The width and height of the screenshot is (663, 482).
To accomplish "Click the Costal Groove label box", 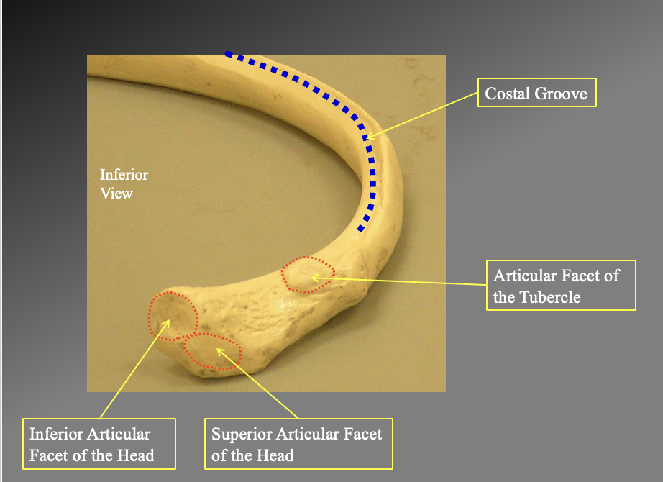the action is click(x=537, y=93).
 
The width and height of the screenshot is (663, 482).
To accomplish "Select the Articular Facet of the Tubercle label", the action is click(x=561, y=286).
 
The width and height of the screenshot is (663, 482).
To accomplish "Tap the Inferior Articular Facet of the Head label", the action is click(x=99, y=445).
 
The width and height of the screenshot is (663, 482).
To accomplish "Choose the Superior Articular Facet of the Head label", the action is click(x=298, y=445).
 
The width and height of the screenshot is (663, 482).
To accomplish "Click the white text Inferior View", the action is click(x=123, y=183).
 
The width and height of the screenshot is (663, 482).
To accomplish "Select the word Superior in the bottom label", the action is click(x=242, y=435).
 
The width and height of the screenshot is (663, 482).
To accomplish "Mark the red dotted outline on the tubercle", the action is click(x=308, y=274).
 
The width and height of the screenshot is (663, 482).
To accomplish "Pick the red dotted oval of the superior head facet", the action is click(x=212, y=351).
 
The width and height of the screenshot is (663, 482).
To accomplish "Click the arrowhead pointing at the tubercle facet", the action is click(x=313, y=276).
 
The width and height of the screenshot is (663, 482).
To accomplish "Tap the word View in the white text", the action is click(x=116, y=193).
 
